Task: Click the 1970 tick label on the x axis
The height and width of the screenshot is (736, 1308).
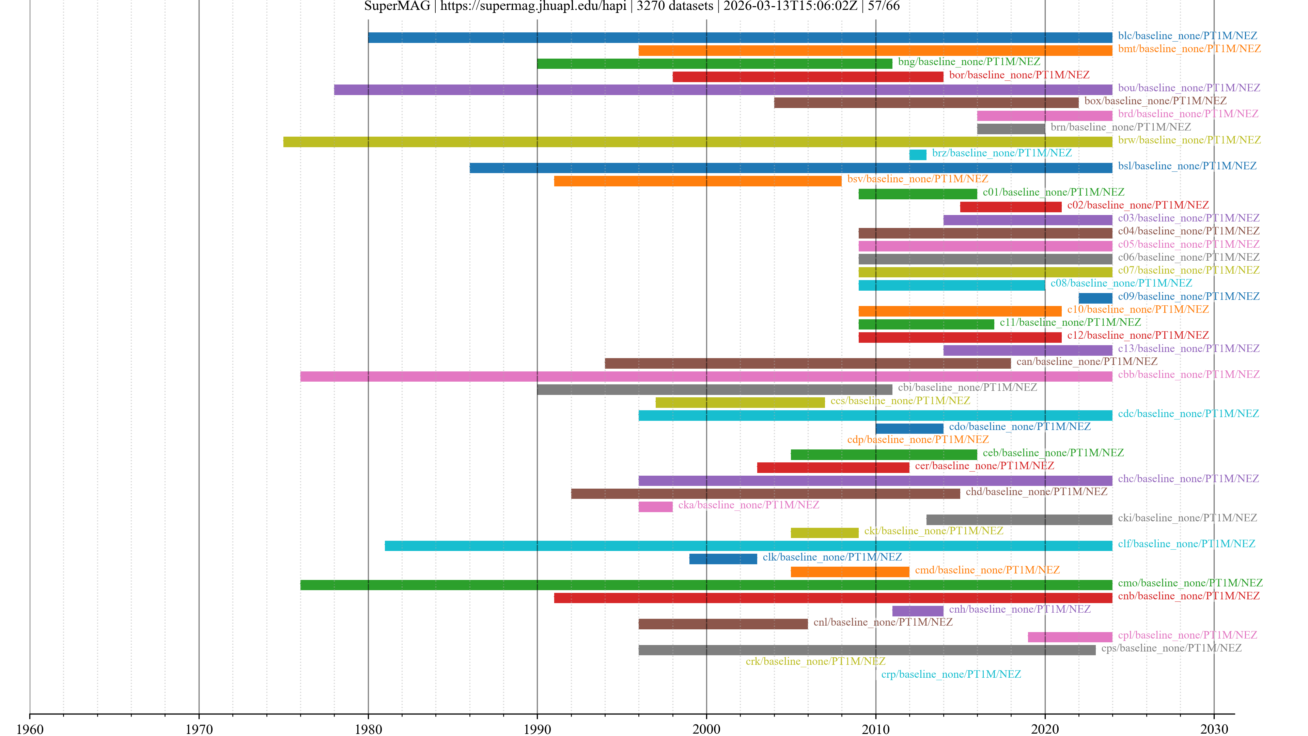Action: point(199,729)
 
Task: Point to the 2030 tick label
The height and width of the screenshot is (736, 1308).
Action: point(1214,729)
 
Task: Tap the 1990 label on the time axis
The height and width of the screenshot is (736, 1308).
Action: point(537,729)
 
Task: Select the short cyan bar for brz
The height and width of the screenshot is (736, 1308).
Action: point(918,154)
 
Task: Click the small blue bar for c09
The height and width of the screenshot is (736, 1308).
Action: point(1095,298)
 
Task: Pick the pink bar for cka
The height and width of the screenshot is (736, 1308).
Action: point(655,506)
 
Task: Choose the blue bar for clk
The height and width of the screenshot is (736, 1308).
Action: point(723,559)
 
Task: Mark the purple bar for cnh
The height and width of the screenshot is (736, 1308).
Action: point(918,611)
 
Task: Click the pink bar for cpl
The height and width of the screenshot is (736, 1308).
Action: point(1070,637)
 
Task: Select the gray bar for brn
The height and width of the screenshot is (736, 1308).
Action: point(1010,128)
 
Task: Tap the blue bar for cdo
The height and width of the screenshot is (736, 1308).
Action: point(909,428)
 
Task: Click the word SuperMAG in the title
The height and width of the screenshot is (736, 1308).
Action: point(396,6)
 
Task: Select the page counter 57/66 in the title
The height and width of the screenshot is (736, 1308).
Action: point(884,6)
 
